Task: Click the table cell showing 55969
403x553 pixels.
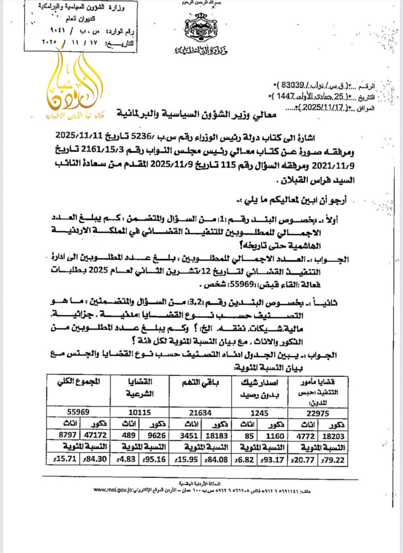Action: (78, 412)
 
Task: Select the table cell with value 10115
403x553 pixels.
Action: (139, 412)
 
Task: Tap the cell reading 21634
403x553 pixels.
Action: (200, 413)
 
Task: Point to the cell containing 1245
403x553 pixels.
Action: (259, 413)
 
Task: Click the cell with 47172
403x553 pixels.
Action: (95, 435)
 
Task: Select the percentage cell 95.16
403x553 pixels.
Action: (154, 459)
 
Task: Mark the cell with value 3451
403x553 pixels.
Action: (189, 436)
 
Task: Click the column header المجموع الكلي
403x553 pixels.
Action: (79, 382)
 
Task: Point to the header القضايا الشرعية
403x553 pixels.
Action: (139, 388)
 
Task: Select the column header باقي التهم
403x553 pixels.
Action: (200, 382)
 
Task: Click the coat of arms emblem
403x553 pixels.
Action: (201, 28)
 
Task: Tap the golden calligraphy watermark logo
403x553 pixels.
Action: (75, 86)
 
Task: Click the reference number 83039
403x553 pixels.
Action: (292, 85)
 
